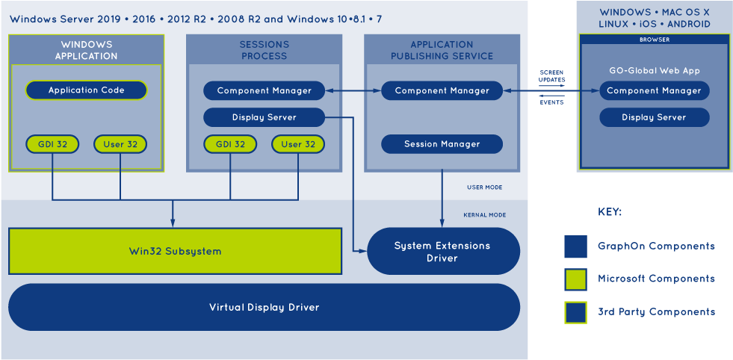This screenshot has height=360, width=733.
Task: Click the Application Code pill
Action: (86, 90)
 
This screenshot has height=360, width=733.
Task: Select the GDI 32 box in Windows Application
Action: (52, 144)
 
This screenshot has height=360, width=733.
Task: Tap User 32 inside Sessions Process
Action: (298, 144)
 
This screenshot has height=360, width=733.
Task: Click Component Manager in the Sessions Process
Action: (264, 90)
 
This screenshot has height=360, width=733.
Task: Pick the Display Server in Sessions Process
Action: (264, 117)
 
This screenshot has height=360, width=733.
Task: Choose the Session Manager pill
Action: (442, 144)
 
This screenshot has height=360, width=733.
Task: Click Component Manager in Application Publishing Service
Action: (442, 90)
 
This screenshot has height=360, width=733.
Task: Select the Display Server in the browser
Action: (654, 117)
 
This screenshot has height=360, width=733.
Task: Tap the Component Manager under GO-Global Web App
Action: (654, 90)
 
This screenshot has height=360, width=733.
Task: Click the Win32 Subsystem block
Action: (176, 251)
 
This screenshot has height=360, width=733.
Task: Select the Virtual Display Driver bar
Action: (264, 307)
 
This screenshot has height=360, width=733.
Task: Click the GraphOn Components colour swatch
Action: (575, 246)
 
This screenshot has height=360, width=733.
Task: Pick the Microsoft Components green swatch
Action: (575, 279)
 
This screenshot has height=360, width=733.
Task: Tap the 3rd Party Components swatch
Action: (575, 312)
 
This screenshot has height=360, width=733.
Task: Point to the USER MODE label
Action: (484, 187)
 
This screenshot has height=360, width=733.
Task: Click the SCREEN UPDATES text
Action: (552, 76)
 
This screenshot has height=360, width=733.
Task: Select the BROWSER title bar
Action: (655, 40)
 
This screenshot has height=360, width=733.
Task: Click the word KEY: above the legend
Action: (610, 212)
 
